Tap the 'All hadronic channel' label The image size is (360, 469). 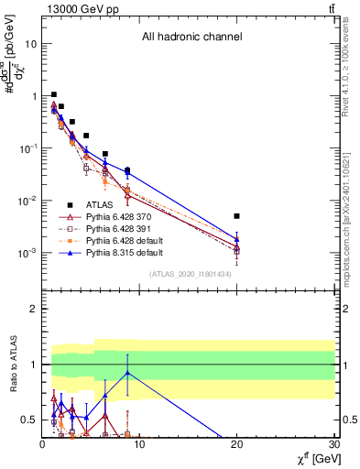click(191, 38)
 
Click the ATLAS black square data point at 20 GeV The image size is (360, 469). click(236, 216)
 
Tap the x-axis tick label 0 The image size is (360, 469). click(41, 446)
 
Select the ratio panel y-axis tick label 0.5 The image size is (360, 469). click(28, 420)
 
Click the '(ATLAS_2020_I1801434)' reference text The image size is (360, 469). click(191, 274)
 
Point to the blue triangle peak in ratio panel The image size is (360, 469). click(126, 373)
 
